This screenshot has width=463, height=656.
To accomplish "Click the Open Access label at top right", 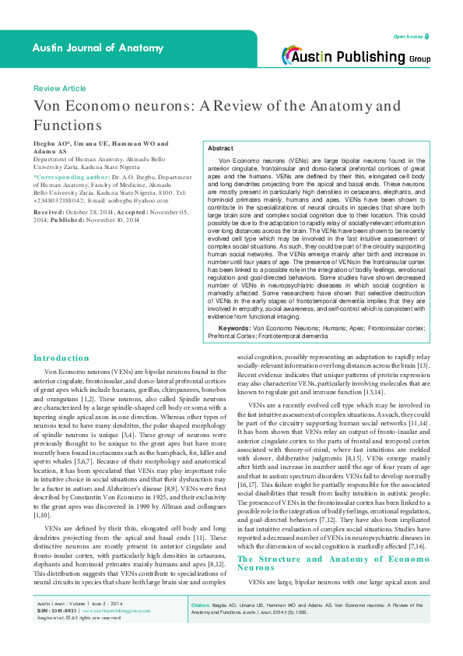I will pos(408,37).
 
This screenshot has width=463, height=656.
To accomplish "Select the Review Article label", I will pos(59,89).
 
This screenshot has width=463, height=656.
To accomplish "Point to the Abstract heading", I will pos(220,148).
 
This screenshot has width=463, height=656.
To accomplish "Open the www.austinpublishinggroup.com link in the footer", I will pos(109,633).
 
